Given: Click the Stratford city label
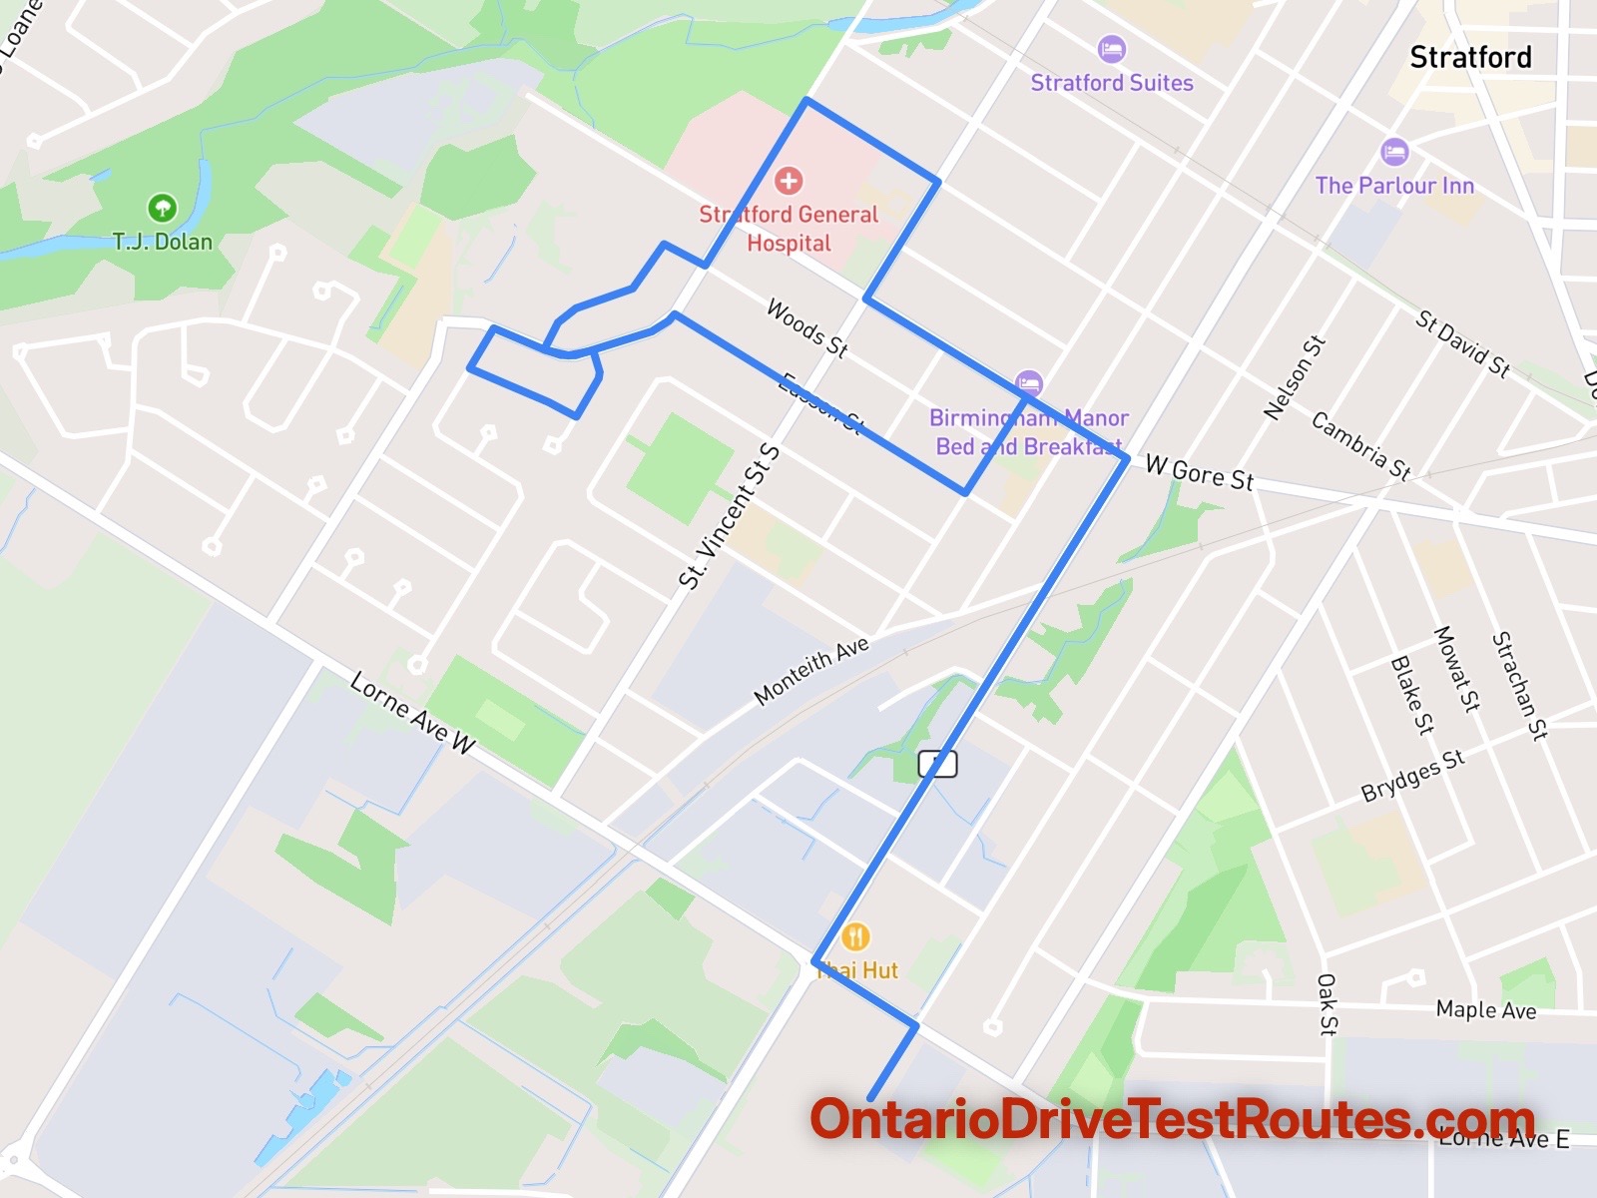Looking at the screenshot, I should tap(1470, 58).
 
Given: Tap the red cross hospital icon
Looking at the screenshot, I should tap(789, 181).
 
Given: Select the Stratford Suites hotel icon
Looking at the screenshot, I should tap(1111, 48).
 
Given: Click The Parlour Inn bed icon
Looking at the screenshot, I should tap(1394, 153).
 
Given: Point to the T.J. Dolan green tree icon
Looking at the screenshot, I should tap(162, 208).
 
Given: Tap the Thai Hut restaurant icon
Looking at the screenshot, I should tap(855, 936).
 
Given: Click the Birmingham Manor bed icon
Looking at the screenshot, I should tap(1028, 382).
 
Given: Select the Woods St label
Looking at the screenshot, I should tap(806, 327).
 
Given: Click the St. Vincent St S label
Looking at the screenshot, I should tap(729, 517).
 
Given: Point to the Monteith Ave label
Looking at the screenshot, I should tap(810, 670).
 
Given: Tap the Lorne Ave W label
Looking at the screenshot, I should tap(412, 712).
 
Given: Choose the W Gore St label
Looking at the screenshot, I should tap(1199, 472).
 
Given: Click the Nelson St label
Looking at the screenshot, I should tap(1294, 377).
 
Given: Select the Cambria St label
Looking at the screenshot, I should tap(1360, 445).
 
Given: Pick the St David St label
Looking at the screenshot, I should tap(1462, 343).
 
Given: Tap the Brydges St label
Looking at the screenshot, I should tap(1412, 776).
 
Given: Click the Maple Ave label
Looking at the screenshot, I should tap(1485, 1009).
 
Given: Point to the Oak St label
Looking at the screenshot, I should tap(1327, 1003).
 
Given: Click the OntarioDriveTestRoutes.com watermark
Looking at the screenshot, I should tap(1172, 1119).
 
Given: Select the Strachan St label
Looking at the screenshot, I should tap(1518, 685).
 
